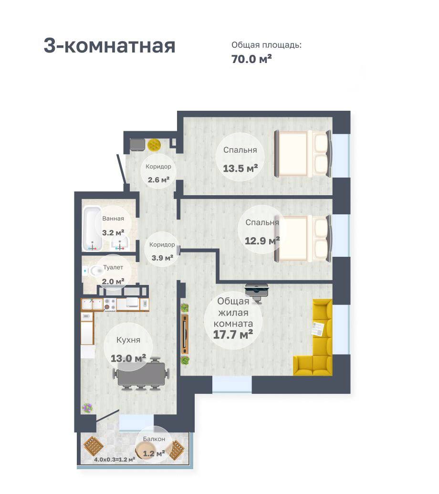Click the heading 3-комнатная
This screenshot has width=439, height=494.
[x=109, y=46]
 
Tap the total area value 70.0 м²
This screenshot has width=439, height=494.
[x=251, y=59]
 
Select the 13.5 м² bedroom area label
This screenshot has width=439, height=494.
[x=240, y=168]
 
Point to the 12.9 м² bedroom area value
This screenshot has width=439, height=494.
[x=262, y=241]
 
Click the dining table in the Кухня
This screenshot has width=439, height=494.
[x=141, y=374]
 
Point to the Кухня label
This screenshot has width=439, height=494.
[x=128, y=340]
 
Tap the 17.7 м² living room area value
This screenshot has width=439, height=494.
[x=233, y=335]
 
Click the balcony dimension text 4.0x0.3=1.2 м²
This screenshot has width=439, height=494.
[x=115, y=459]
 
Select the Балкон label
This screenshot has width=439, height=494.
[x=154, y=439]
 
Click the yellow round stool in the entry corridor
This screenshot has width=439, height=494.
[x=154, y=145]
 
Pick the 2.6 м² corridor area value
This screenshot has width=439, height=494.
[x=159, y=180]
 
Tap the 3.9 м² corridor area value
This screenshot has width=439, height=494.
[x=163, y=258]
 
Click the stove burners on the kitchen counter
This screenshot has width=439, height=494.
[x=110, y=304]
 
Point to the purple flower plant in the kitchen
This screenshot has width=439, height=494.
[x=87, y=408]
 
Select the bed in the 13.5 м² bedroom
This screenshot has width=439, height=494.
[x=303, y=153]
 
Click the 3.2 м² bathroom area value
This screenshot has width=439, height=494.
[x=113, y=233]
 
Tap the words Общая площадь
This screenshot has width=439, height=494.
[x=266, y=45]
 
